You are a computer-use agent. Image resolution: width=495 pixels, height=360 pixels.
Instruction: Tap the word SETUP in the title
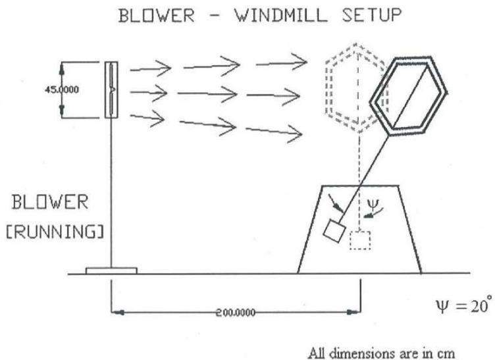click(365, 16)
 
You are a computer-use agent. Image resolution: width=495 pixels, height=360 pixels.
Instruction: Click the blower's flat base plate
click(111, 270)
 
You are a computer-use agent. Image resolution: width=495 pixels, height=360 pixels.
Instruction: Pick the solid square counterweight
click(334, 231)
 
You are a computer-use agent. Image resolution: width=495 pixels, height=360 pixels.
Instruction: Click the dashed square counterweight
click(359, 241)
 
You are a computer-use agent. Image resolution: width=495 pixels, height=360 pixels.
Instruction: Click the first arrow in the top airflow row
click(151, 68)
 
